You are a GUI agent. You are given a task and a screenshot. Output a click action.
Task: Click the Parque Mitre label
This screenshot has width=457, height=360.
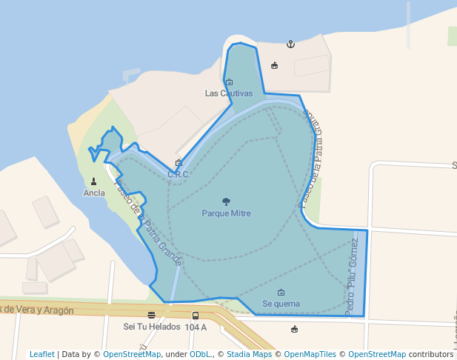coord(226,213)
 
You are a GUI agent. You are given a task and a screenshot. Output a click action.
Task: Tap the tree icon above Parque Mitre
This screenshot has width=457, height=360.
coord(226,201)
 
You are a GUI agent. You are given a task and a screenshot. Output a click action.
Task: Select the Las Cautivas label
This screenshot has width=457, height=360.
coord(229,93)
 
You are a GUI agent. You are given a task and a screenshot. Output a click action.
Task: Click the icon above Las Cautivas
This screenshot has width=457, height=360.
coord(229,82)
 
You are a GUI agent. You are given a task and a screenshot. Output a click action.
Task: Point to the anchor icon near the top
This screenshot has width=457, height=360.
coord(290,44)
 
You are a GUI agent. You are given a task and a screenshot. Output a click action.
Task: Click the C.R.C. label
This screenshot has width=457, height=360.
coord(179,175)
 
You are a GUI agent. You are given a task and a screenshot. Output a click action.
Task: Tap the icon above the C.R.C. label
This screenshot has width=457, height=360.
coord(179,163)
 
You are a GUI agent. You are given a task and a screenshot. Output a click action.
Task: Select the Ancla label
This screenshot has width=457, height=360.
coord(94,193)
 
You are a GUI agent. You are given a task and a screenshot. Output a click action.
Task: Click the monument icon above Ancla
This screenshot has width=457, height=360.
coord(94,181)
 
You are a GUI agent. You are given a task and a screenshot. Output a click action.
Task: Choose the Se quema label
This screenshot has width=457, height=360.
coord(281,304)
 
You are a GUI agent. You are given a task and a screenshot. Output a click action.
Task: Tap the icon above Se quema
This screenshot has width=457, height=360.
coord(281,293)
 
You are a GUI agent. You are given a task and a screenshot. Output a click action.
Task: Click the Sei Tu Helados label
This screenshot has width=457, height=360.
coord(151,327)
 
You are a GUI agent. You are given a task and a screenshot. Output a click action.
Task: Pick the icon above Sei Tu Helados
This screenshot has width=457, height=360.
coord(151,316)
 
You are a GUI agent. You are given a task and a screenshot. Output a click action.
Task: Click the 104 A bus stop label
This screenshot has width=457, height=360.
coord(196,327)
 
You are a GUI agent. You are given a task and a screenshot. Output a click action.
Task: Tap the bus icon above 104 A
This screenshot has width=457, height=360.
coord(196,316)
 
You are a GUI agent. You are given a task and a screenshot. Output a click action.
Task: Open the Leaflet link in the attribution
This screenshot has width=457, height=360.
coord(41,354)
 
